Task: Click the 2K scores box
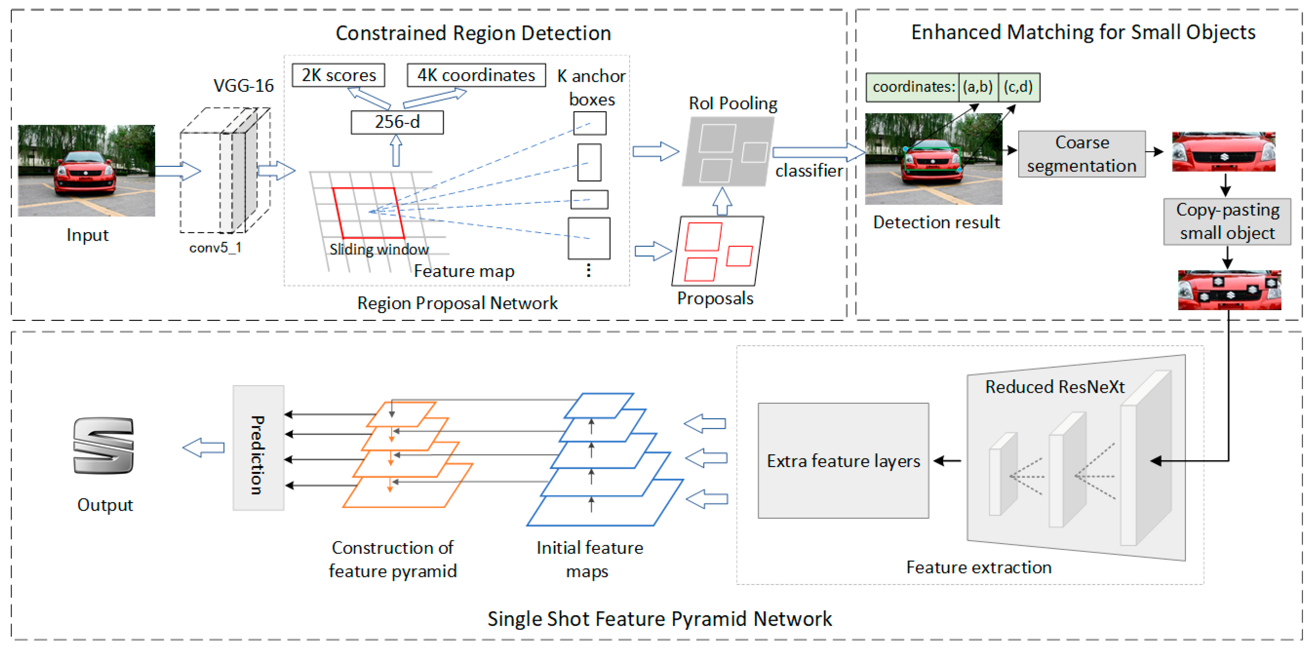click(338, 75)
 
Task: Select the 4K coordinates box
click(476, 75)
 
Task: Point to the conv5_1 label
click(215, 248)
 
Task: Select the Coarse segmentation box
click(1081, 154)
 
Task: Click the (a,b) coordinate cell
click(978, 87)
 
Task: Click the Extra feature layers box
click(843, 461)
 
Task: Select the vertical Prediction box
click(258, 448)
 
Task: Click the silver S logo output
click(104, 445)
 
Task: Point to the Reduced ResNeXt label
click(1054, 387)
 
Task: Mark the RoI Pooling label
click(733, 103)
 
